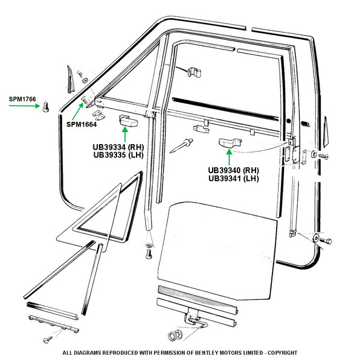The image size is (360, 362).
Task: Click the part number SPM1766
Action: pyautogui.click(x=22, y=100)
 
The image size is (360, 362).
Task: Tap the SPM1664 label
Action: pyautogui.click(x=82, y=124)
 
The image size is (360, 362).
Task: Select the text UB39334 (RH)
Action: pyautogui.click(x=118, y=147)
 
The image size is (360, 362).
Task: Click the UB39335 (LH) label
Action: pyautogui.click(x=118, y=155)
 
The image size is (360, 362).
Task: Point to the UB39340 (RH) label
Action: pyautogui.click(x=233, y=170)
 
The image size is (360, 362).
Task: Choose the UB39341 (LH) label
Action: pyautogui.click(x=233, y=179)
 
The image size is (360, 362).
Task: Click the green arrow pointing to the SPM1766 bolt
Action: pyautogui.click(x=24, y=106)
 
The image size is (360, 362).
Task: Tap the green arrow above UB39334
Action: pyautogui.click(x=125, y=135)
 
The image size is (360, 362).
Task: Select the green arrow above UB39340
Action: pyautogui.click(x=229, y=157)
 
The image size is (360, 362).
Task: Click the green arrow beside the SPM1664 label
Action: pyautogui.click(x=78, y=112)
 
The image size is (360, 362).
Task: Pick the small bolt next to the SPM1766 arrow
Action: pyautogui.click(x=46, y=107)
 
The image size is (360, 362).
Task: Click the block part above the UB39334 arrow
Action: pyautogui.click(x=128, y=121)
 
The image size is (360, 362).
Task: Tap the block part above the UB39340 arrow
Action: pyautogui.click(x=230, y=142)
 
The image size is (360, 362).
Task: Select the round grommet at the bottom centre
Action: pyautogui.click(x=175, y=335)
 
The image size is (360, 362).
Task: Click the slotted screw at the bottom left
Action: pyautogui.click(x=48, y=339)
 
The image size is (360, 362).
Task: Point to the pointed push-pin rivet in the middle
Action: pyautogui.click(x=182, y=145)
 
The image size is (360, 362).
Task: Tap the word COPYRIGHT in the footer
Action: pyautogui.click(x=282, y=353)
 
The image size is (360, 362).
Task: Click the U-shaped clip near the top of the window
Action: pyautogui.click(x=194, y=73)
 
